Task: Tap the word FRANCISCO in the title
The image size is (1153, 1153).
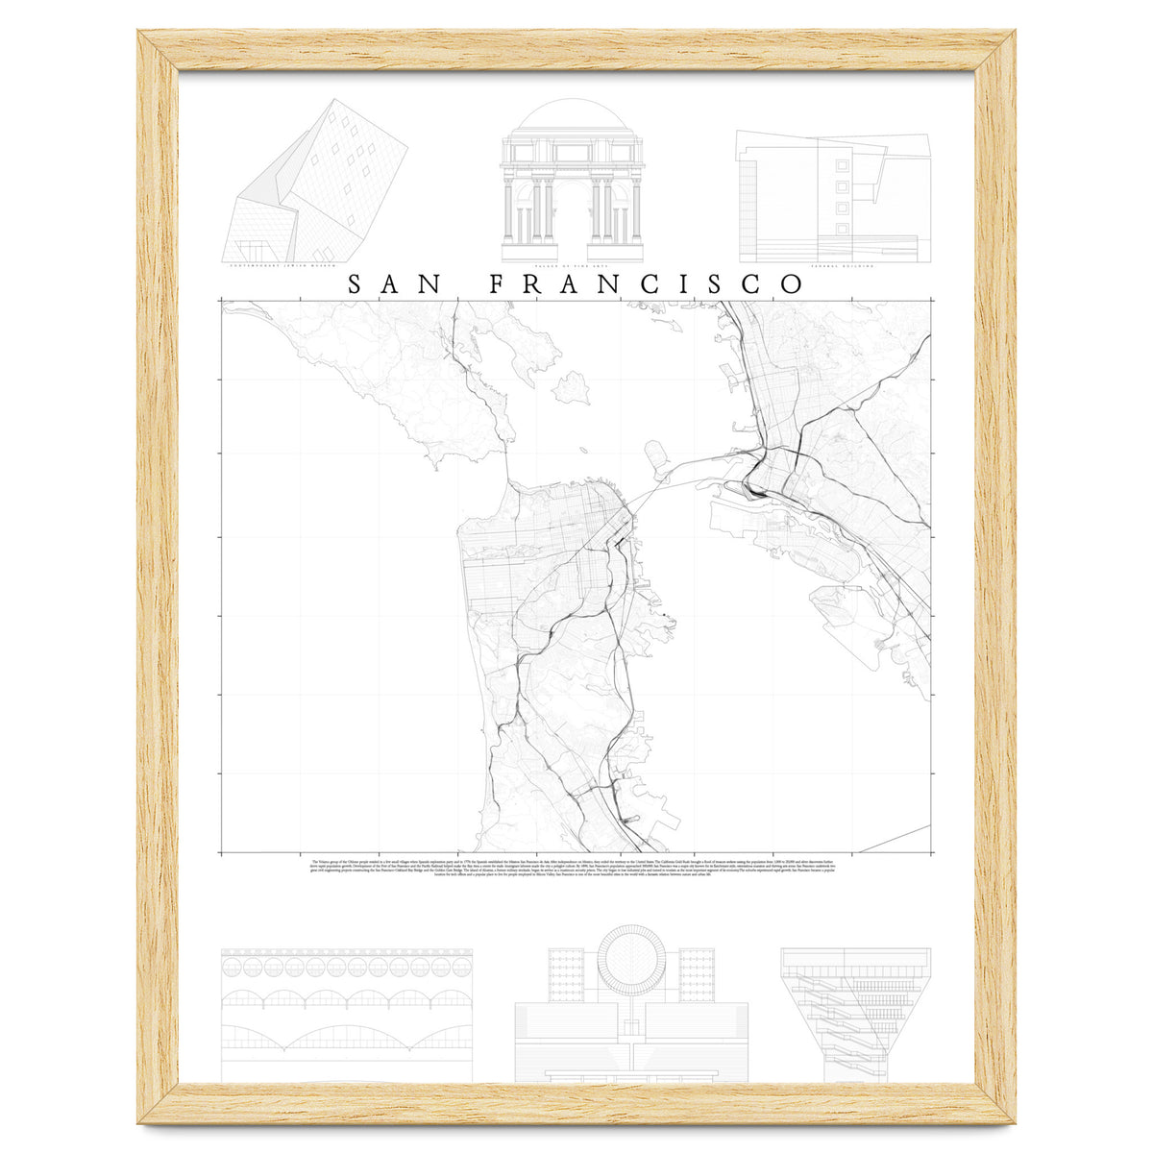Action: coord(647,284)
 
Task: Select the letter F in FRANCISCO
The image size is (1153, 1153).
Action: coord(499,284)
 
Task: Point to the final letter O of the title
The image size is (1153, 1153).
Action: coord(792,284)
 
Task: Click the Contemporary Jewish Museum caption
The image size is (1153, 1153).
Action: coord(286,267)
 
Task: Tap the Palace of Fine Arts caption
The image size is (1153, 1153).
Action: coord(572,267)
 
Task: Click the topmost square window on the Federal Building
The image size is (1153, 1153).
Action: coord(844,164)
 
